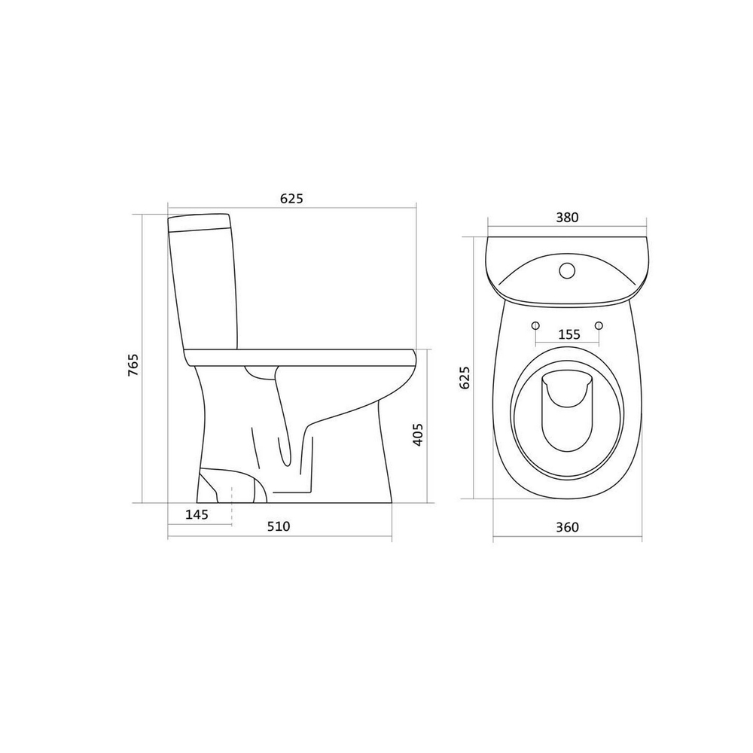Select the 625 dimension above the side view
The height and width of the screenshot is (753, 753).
point(292,198)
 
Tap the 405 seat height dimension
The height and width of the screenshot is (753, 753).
point(418,434)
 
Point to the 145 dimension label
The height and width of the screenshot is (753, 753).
point(197,515)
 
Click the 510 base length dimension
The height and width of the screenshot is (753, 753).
point(279,527)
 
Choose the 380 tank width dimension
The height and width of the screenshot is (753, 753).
point(567,218)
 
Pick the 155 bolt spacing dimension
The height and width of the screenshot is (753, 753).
point(569,334)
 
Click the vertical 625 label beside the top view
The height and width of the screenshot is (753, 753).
point(465,377)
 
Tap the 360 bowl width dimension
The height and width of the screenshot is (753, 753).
point(567,527)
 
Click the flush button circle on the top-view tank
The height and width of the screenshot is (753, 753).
point(567,270)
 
